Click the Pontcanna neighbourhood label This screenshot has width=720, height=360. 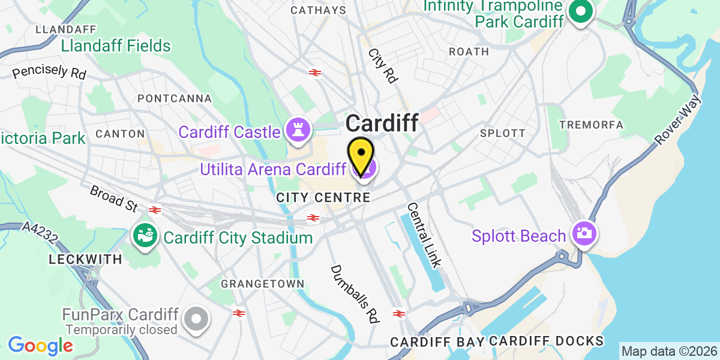coord(175,98)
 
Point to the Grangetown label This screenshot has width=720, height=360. coord(263,283)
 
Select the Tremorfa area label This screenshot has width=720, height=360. coord(591,125)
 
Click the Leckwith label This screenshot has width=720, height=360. coord(85,260)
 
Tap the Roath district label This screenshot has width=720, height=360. coord(469,52)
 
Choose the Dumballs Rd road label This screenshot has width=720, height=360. coord(355,294)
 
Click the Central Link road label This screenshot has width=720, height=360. coord(424,235)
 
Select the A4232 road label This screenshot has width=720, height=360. coord(40,234)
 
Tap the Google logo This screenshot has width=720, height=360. coord(40,346)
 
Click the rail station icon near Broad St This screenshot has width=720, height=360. coord(155,209)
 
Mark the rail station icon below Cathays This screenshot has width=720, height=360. coord(314,73)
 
